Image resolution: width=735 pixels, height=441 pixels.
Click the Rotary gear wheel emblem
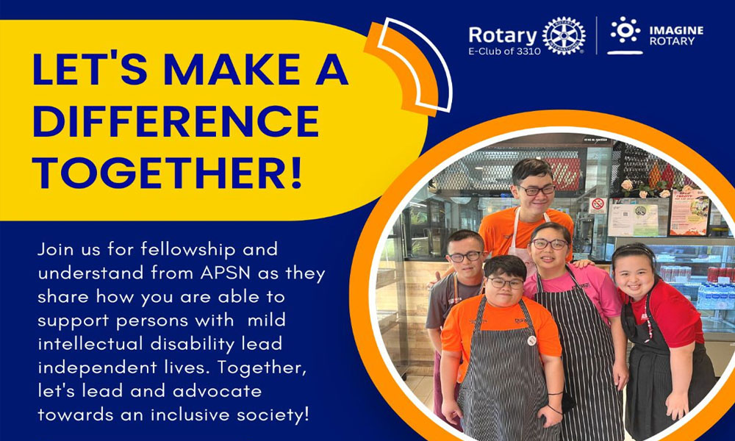pos(564,36)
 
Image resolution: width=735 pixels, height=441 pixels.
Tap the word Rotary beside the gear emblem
pos(502,35)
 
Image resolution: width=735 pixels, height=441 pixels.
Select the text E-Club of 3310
pos(504,51)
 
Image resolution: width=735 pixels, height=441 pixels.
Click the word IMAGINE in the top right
pos(676,30)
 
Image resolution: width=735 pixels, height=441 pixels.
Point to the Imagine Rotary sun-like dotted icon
pos(625,30)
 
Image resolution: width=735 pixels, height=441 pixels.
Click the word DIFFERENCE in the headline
pos(176,121)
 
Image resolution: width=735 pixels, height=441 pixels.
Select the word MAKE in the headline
pos(232,70)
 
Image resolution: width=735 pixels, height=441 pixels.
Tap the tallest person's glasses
pos(537,190)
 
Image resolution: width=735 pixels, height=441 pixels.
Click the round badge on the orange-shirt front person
pos(531,340)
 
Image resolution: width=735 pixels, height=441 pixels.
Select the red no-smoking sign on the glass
pos(597,204)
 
